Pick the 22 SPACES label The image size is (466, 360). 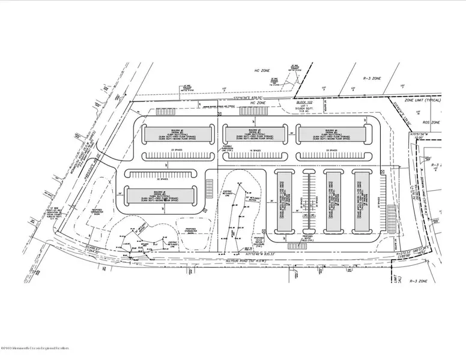click(x=160, y=178)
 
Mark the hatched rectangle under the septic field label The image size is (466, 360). click(x=297, y=246)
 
